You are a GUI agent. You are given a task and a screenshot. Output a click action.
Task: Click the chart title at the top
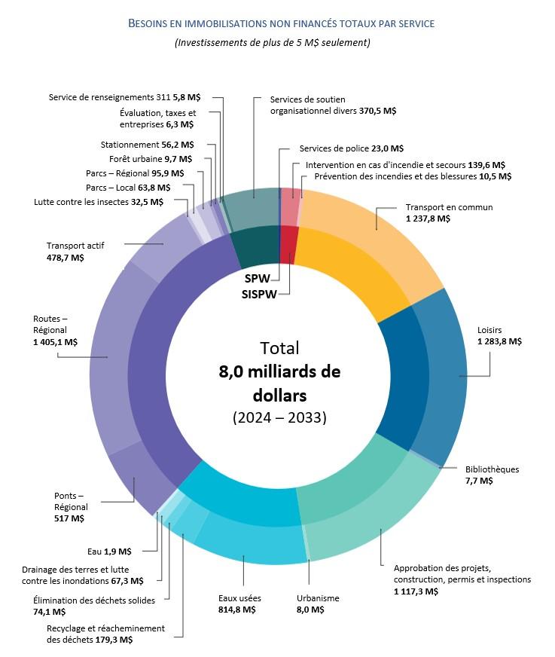(281, 23)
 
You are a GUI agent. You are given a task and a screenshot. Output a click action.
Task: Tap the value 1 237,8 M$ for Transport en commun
(428, 218)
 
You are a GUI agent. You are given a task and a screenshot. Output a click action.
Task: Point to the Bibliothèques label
(492, 469)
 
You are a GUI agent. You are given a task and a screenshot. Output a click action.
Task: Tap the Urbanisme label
(318, 598)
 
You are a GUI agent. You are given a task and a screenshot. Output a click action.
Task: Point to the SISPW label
(260, 292)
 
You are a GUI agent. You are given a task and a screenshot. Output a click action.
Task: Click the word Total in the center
(279, 348)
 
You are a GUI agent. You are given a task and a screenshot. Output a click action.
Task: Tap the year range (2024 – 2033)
(279, 417)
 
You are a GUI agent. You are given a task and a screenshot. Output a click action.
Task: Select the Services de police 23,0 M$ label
(351, 149)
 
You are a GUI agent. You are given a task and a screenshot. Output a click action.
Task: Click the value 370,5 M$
(378, 111)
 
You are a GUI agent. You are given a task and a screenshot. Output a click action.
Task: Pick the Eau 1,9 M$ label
(110, 551)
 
